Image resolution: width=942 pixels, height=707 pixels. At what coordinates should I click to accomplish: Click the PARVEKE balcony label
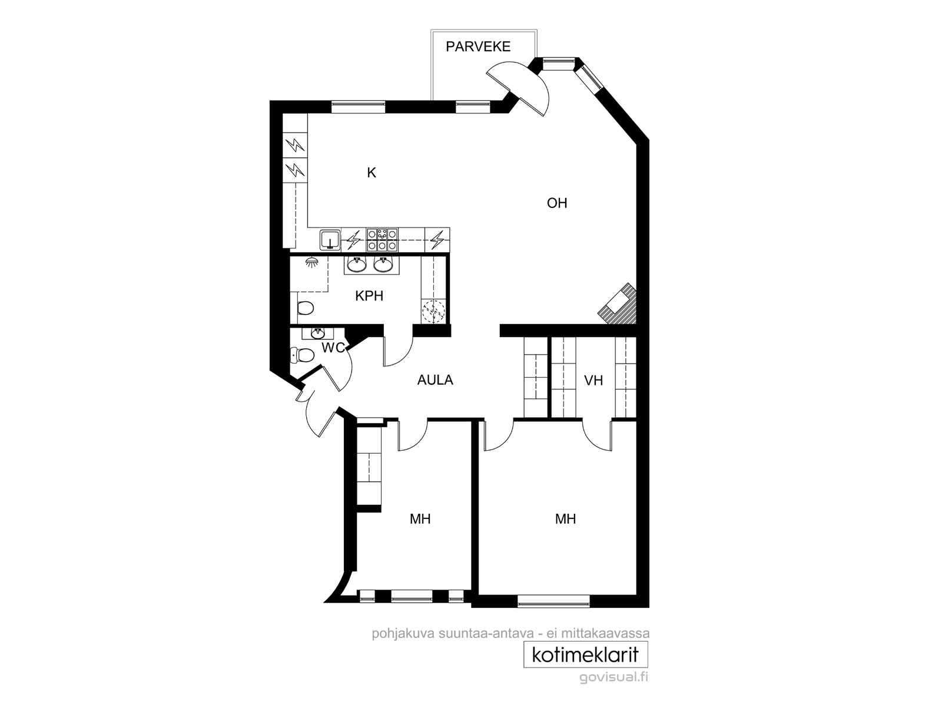coord(478,47)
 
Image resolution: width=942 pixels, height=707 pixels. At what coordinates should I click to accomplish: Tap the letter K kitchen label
coord(372,173)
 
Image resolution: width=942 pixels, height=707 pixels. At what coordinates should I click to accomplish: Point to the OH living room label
coord(557,203)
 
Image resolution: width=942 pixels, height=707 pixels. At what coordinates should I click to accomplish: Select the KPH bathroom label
coord(369,296)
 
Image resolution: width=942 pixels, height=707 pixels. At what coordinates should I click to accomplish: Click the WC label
coord(333,348)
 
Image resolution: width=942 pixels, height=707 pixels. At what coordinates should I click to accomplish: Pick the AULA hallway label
coord(435,381)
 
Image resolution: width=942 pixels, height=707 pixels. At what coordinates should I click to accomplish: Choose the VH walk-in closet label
coord(593,381)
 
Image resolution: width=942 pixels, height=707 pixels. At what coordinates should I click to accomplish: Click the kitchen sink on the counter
coord(330,240)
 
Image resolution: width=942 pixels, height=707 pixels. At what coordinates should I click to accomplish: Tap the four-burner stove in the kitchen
coord(382,240)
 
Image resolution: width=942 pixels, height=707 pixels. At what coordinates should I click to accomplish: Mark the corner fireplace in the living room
coord(619,305)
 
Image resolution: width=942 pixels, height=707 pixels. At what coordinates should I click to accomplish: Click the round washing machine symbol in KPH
coord(433,312)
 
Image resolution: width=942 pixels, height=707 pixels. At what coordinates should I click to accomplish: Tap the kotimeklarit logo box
coord(586,655)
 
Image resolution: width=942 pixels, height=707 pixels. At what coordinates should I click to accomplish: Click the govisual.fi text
coord(613,678)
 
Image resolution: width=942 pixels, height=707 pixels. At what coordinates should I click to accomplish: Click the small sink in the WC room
coord(317,333)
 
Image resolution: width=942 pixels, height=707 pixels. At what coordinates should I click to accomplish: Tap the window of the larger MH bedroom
coord(553,601)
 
